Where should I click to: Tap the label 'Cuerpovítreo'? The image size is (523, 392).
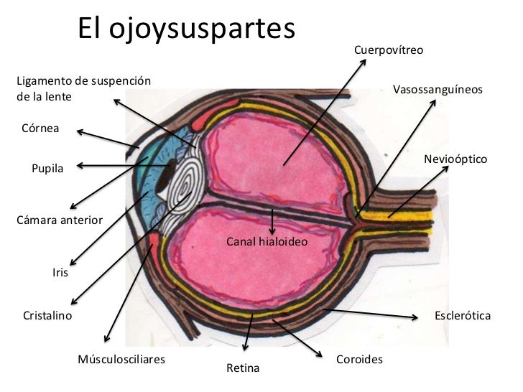[x=389, y=51]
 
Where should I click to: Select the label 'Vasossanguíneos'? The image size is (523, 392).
[x=438, y=90]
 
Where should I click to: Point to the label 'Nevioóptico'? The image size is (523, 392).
[x=455, y=157]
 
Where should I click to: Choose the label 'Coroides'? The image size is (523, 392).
[x=359, y=358]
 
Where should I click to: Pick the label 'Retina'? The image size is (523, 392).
[x=242, y=368]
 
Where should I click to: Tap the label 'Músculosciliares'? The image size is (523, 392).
[x=121, y=358]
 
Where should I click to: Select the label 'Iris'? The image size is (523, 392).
[x=60, y=272]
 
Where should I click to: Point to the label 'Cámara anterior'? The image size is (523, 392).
[x=60, y=220]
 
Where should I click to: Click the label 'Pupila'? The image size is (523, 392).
[x=47, y=169]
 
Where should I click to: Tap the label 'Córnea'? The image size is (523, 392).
[x=41, y=129]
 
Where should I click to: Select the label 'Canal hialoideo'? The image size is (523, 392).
[x=267, y=242]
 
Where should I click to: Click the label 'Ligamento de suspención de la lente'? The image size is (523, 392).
[x=83, y=88]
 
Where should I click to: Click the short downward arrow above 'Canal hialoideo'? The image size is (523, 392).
[x=272, y=220]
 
